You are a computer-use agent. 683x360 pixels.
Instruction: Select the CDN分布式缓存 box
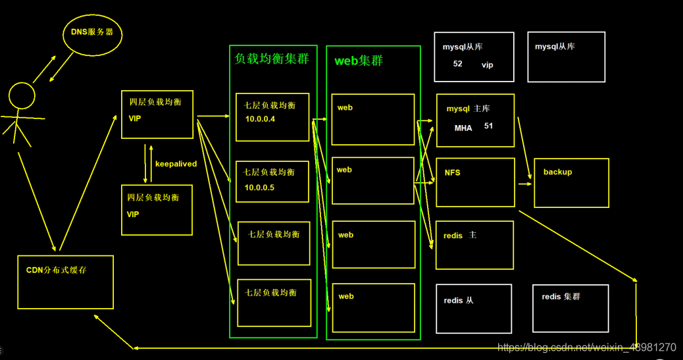(x=65, y=282)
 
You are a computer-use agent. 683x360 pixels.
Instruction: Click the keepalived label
(x=176, y=164)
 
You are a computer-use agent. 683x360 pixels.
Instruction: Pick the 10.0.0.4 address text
(x=259, y=119)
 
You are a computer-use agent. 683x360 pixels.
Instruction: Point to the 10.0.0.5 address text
(x=259, y=188)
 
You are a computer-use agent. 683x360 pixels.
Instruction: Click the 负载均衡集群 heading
(x=272, y=59)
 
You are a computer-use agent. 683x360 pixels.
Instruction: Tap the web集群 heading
(x=359, y=61)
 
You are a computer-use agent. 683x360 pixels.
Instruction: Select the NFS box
(x=474, y=182)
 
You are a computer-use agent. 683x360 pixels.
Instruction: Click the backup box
(x=571, y=182)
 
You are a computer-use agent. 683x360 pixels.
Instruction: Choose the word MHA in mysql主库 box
(x=463, y=128)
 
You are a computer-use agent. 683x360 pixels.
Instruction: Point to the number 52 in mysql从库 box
(x=458, y=64)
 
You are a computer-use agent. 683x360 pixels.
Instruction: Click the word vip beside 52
(x=487, y=65)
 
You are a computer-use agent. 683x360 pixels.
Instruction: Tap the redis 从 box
(x=474, y=309)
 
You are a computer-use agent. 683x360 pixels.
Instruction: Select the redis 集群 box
(x=570, y=307)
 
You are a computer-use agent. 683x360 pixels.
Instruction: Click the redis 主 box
(x=474, y=245)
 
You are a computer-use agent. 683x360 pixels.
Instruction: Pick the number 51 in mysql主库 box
(x=488, y=126)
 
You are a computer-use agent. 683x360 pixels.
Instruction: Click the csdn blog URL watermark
(x=586, y=347)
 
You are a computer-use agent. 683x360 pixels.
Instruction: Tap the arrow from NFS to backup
(x=524, y=184)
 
